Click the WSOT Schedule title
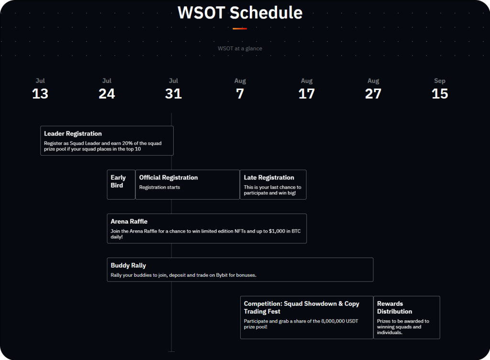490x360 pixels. pos(240,13)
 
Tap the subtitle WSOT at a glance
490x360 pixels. pos(240,48)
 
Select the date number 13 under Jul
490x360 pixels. pos(40,94)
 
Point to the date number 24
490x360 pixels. pos(107,94)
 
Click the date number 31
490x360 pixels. pos(173,94)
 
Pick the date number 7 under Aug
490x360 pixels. pos(240,94)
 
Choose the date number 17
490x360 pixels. pos(307,94)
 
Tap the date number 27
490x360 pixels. pos(373,94)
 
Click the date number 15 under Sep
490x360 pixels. pos(440,94)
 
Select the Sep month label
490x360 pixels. pos(440,80)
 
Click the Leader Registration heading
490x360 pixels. pos(73,134)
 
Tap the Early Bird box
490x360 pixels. pos(121,184)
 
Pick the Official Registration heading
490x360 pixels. pos(168,178)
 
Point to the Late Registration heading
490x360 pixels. pos(269,178)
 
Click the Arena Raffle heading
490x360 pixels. pos(129,221)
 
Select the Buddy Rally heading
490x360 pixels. pos(128,266)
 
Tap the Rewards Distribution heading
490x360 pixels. pos(394,307)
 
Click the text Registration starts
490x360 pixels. pos(159,187)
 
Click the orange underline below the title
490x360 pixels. pos(240,29)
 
